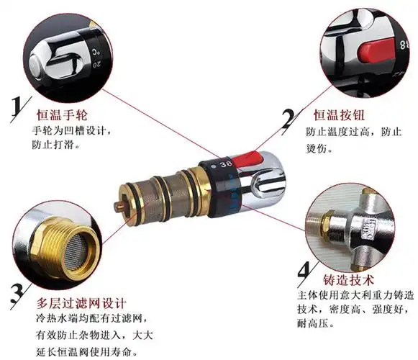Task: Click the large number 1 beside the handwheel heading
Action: coord(15,109)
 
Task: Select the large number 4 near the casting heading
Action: coord(304,272)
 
